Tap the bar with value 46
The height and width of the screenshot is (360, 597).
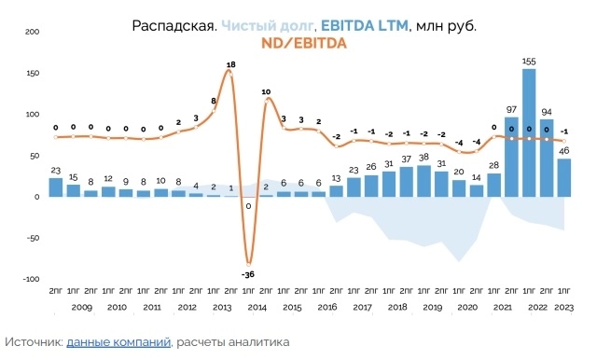[x=564, y=177]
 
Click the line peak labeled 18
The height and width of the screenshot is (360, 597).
[x=230, y=64]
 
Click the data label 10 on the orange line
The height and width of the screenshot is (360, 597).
[x=266, y=91]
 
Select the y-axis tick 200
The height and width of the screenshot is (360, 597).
[x=33, y=32]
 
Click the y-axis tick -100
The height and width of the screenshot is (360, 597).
[x=31, y=279]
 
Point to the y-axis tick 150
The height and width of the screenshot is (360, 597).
[x=33, y=73]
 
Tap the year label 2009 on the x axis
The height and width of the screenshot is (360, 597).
[x=82, y=307]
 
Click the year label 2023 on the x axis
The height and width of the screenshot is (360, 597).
[x=564, y=307]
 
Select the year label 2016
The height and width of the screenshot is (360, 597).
[x=327, y=307]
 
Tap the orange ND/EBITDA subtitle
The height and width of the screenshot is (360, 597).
[x=304, y=43]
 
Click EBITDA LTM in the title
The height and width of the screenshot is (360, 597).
[x=364, y=25]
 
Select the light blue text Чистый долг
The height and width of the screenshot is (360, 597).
[x=263, y=25]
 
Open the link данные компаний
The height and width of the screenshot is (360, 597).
[x=118, y=342]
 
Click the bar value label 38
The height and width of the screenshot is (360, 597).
[x=424, y=159]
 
